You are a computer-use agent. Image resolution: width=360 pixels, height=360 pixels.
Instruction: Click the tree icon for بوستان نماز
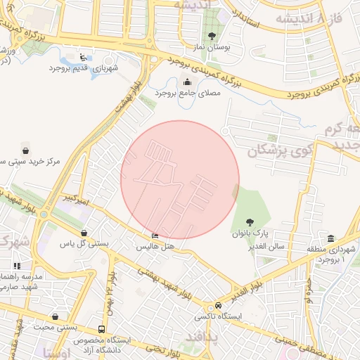tap(212, 36)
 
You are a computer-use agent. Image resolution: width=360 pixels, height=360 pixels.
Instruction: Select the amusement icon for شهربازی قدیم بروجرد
tap(85, 57)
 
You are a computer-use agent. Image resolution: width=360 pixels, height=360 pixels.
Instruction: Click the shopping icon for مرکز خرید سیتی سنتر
tap(26, 150)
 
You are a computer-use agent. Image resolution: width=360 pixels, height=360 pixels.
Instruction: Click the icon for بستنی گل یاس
tap(84, 233)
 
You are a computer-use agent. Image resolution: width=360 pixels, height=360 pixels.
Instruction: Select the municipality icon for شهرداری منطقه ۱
tap(330, 238)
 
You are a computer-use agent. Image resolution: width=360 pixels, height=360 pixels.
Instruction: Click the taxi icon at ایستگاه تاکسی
tap(219, 306)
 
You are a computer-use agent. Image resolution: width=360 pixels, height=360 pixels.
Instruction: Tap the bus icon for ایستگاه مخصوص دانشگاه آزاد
tap(102, 329)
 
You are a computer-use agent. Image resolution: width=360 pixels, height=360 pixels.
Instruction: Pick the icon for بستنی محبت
tap(55, 316)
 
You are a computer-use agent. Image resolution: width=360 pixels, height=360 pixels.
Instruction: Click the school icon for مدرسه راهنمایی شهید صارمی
tap(17, 266)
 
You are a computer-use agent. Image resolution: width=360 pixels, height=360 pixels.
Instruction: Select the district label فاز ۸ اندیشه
tap(309, 17)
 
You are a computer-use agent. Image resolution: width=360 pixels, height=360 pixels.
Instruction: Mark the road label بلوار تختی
tap(157, 347)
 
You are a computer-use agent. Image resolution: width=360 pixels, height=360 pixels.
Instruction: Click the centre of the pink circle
tap(180, 180)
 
